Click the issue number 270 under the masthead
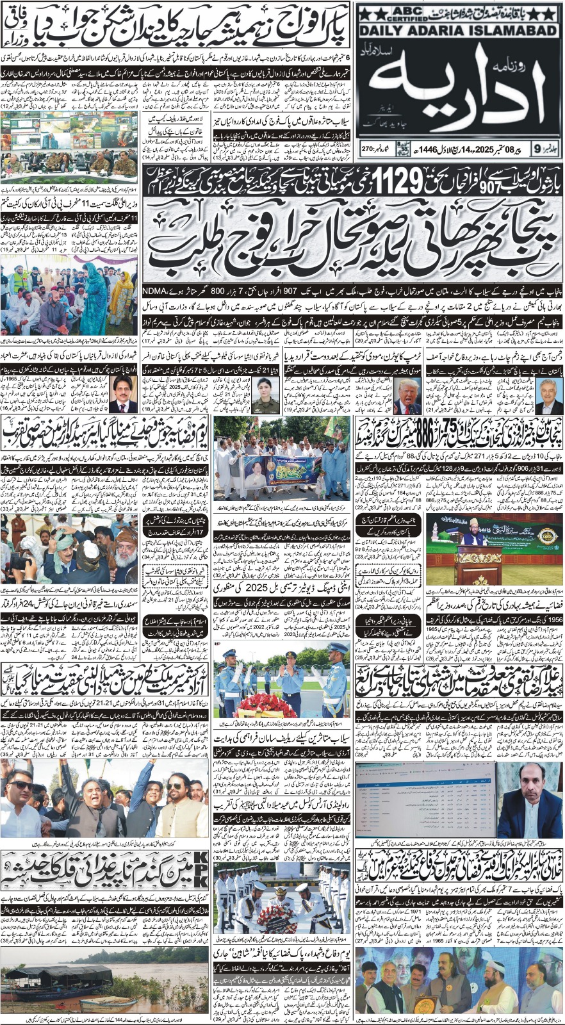369,149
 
